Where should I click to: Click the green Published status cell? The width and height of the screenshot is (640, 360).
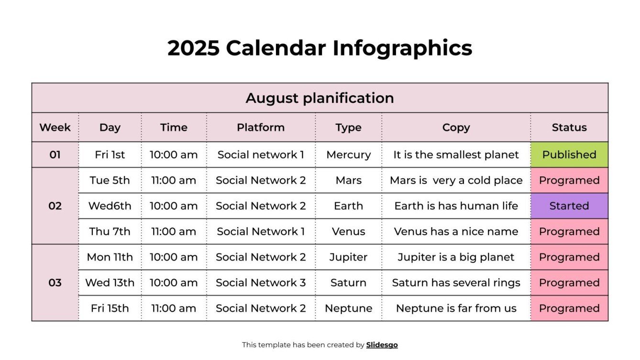[569, 155]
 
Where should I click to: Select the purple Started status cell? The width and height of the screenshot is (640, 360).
[569, 206]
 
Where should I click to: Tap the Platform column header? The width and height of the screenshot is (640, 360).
[261, 128]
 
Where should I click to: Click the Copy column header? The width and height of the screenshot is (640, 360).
[456, 128]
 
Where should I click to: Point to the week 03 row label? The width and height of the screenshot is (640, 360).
[55, 283]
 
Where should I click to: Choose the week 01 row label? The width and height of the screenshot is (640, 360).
[55, 155]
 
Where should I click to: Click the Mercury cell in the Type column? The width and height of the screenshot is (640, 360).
[348, 155]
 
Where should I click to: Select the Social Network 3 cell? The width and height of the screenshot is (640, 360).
[261, 283]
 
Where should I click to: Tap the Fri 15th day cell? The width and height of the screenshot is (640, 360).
[110, 308]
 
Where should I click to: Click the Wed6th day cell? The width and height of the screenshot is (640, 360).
[110, 206]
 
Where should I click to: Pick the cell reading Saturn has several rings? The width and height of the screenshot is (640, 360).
[456, 283]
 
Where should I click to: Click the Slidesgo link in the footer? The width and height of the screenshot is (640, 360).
[382, 345]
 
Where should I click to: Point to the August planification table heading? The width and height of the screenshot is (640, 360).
[320, 98]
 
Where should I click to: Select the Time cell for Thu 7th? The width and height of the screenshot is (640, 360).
[174, 231]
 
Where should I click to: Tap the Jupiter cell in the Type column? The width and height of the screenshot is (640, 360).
[348, 257]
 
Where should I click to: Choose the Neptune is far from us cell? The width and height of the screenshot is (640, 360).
[456, 308]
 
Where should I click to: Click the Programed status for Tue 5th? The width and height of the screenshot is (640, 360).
[569, 180]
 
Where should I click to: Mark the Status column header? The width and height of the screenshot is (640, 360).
[569, 128]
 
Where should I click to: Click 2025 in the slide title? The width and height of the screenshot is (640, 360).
[193, 48]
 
